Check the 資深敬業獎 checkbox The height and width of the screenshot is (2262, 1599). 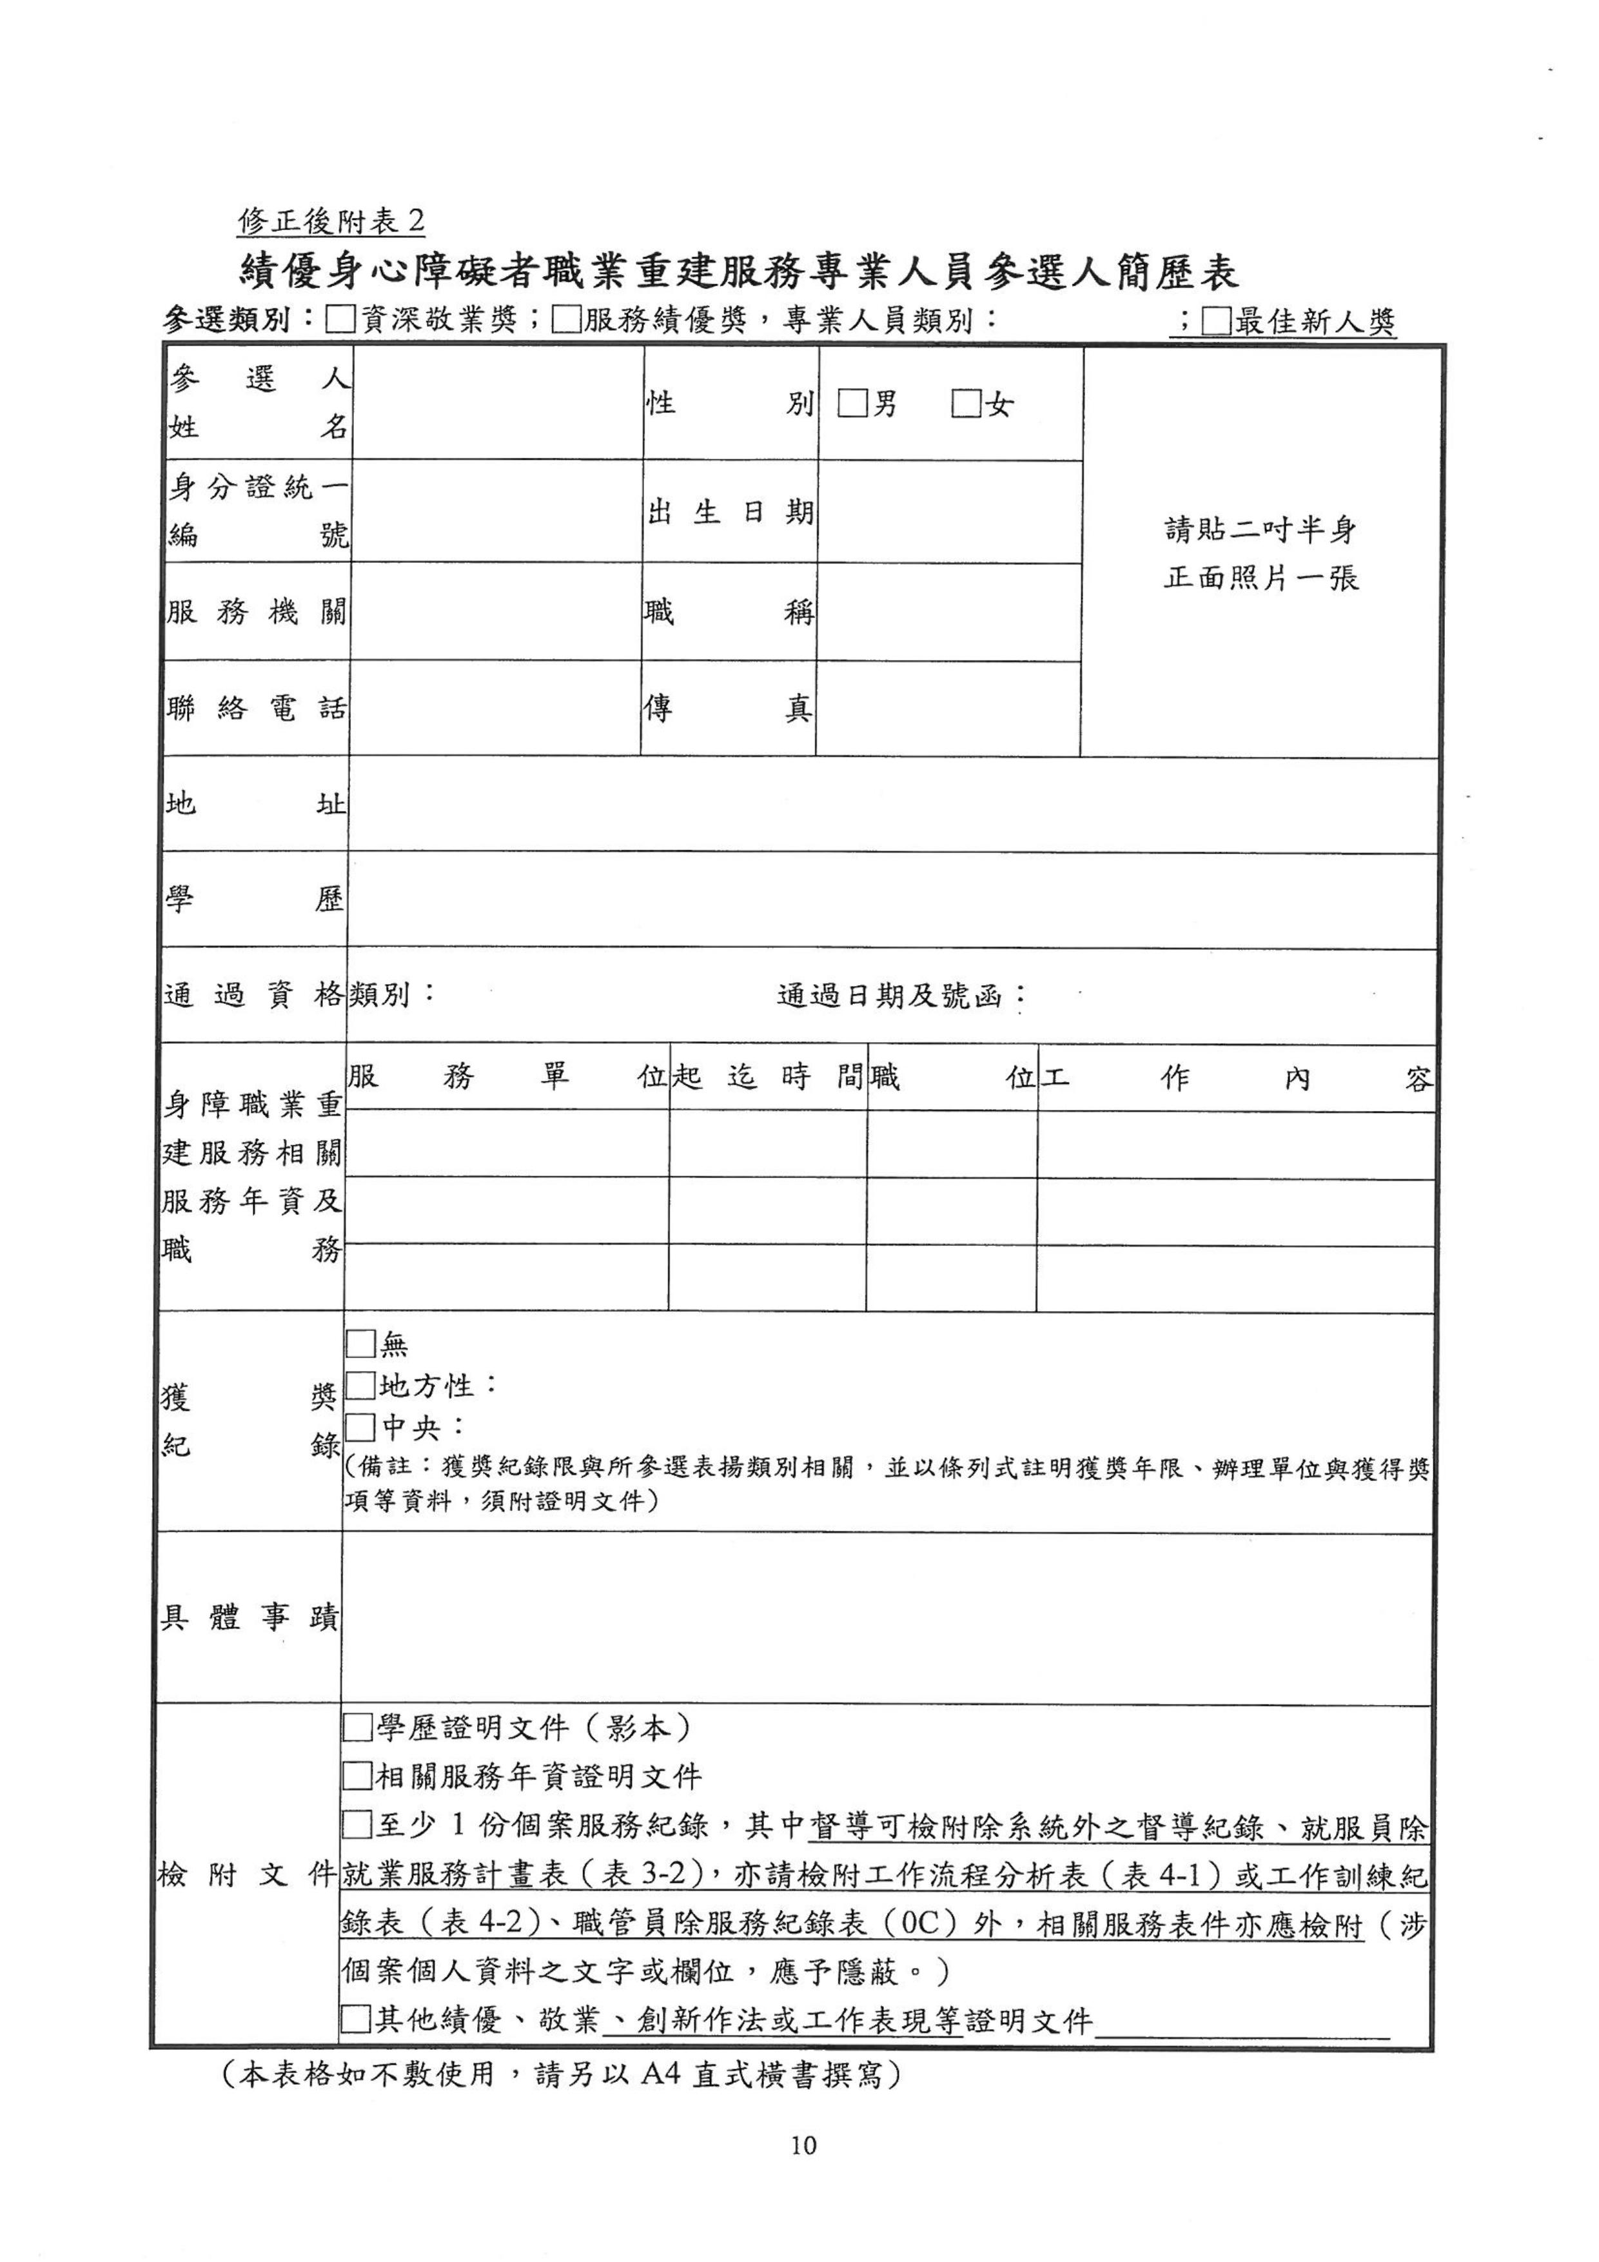click(x=341, y=321)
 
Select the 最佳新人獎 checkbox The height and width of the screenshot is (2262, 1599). click(x=1217, y=321)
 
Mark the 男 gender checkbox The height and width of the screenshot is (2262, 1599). click(x=852, y=404)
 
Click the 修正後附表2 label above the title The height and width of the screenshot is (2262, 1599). click(x=331, y=221)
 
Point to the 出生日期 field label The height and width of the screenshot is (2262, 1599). click(x=730, y=511)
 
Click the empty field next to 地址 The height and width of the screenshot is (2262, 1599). click(x=892, y=805)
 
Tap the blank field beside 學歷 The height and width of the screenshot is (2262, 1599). click(x=892, y=900)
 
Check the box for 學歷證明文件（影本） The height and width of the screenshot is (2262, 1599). click(x=357, y=1727)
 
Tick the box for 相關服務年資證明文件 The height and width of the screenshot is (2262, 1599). click(x=357, y=1776)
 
